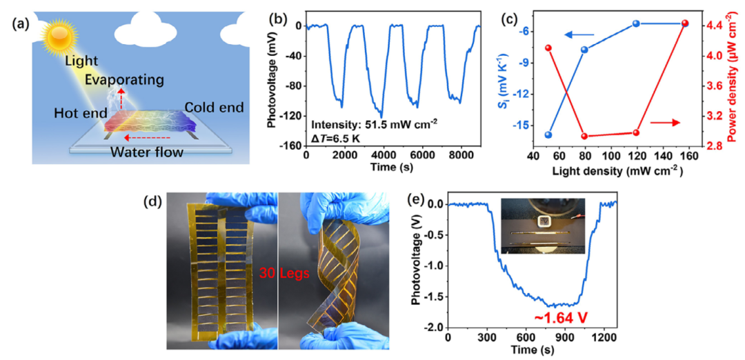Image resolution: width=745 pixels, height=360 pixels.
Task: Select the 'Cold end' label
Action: point(213,107)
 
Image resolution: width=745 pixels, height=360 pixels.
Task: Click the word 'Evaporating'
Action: point(125,80)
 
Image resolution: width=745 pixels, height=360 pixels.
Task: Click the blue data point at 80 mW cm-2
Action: point(584,50)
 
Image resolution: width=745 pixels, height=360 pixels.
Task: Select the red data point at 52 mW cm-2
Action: point(548,48)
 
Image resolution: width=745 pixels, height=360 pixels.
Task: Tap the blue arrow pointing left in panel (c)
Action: point(581,34)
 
